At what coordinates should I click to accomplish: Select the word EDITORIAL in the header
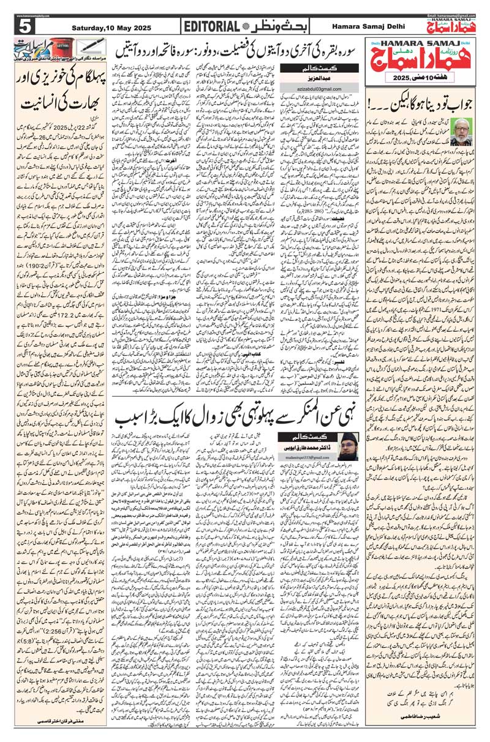[211, 27]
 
